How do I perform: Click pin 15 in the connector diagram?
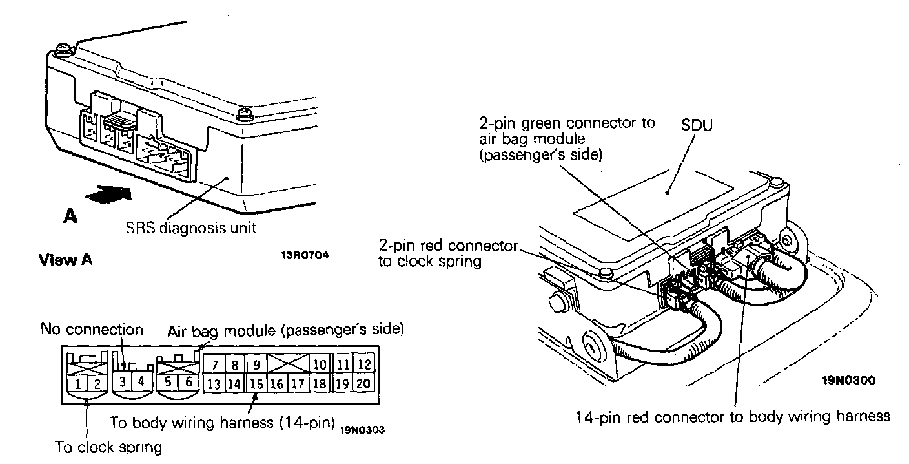[256, 384]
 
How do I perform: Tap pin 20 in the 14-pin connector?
[364, 384]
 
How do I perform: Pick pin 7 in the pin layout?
[214, 365]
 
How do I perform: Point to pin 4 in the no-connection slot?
[141, 382]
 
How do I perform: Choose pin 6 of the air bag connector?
[189, 382]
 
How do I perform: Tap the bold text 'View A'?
[65, 260]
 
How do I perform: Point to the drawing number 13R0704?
[304, 255]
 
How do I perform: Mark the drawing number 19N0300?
[848, 381]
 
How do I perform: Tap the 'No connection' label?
[92, 330]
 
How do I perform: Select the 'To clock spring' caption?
[108, 447]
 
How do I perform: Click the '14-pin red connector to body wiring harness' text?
[733, 417]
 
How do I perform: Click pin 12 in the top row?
[364, 365]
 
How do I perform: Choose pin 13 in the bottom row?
[214, 384]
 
